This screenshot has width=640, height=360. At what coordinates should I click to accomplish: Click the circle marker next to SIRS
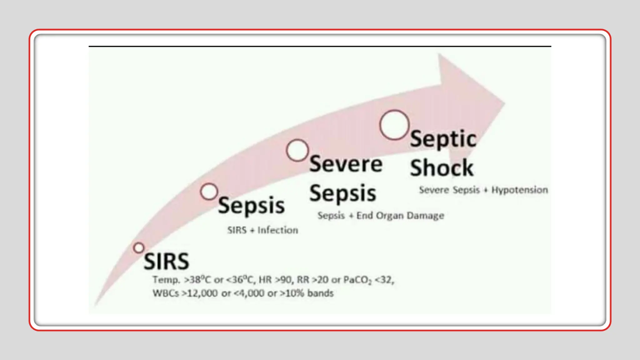click(x=139, y=248)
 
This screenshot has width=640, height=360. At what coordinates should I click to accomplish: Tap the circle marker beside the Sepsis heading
click(x=209, y=192)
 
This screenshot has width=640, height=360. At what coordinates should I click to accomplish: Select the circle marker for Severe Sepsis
click(x=297, y=150)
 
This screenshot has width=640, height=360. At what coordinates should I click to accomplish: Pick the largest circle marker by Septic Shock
click(x=394, y=125)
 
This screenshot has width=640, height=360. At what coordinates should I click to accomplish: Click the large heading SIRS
click(x=166, y=261)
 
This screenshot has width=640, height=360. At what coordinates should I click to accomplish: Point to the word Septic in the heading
click(x=443, y=139)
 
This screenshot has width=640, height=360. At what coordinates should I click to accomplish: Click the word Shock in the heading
click(x=442, y=168)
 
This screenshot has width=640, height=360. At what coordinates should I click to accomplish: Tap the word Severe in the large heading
click(x=346, y=164)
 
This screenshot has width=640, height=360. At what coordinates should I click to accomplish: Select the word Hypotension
click(x=519, y=190)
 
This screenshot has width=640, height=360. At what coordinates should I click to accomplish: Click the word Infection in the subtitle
click(x=277, y=230)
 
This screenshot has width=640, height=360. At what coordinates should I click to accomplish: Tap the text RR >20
click(x=312, y=279)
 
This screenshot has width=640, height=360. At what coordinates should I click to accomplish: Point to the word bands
click(x=320, y=293)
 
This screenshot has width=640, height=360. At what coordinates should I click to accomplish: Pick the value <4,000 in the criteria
click(x=249, y=293)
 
